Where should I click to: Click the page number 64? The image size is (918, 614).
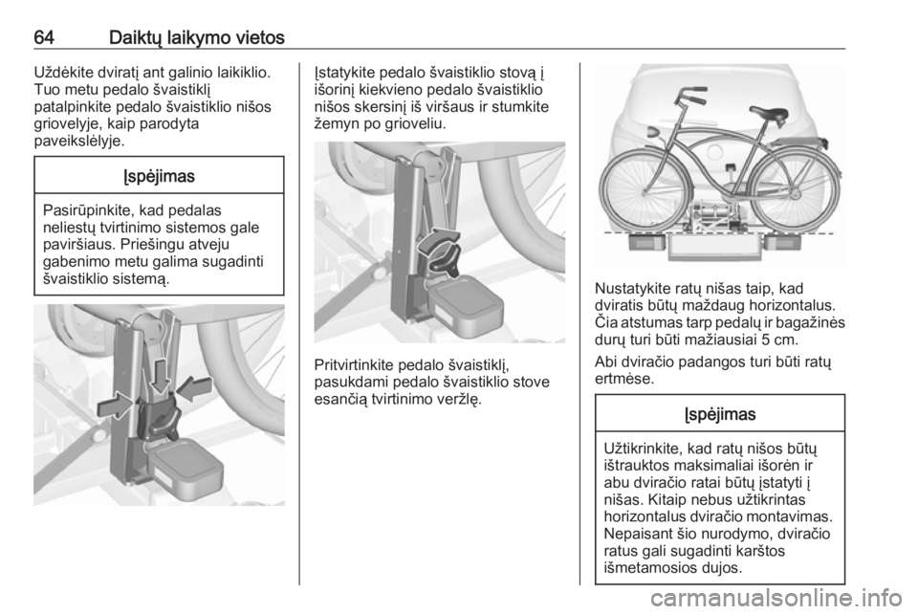[44, 37]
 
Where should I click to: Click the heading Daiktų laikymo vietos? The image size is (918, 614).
[197, 38]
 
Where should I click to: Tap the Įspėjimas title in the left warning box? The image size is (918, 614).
[160, 176]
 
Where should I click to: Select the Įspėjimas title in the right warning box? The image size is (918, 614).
[720, 414]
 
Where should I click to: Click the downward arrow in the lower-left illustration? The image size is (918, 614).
[160, 376]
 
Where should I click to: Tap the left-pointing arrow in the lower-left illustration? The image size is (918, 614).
[194, 388]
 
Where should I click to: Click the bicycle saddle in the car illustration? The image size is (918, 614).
[769, 113]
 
